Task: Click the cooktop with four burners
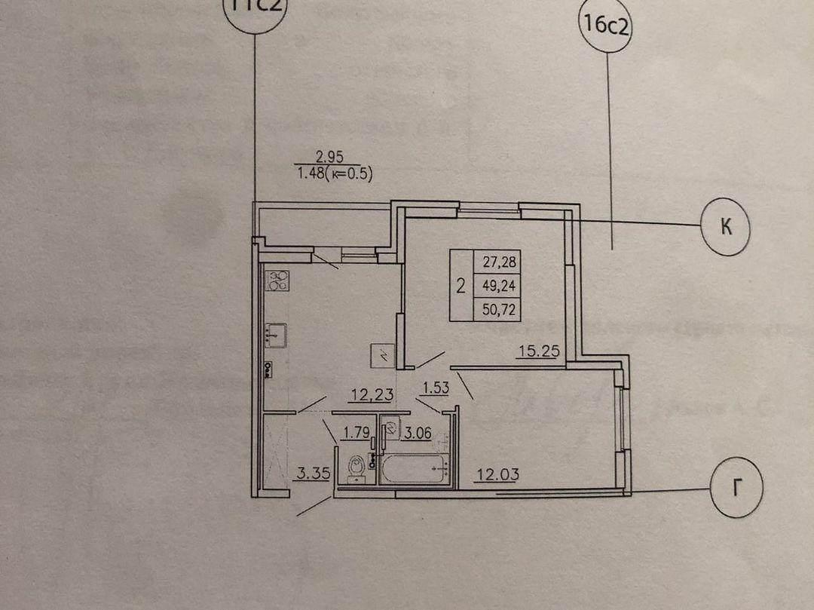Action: pos(277,281)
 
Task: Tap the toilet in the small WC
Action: pos(357,467)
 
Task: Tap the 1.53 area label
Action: pos(436,388)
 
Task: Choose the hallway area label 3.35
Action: pos(310,474)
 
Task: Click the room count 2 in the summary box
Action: pos(461,285)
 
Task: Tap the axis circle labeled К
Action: pos(726,226)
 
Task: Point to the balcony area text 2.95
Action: pos(329,158)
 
